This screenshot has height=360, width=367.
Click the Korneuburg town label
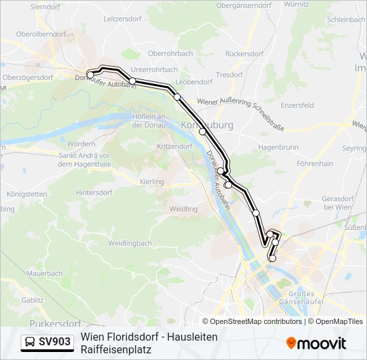pyautogui.click(x=206, y=125)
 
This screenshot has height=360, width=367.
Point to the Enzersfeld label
pyautogui.click(x=297, y=105)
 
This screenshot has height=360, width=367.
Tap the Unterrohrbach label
pyautogui.click(x=153, y=69)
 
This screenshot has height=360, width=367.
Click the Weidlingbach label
pyautogui.click(x=130, y=243)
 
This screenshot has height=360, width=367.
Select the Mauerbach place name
pyautogui.click(x=45, y=273)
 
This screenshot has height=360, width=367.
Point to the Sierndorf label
pyautogui.click(x=45, y=6)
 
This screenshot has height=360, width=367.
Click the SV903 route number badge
pyautogui.click(x=55, y=342)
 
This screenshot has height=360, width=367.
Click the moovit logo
pyautogui.click(x=316, y=343)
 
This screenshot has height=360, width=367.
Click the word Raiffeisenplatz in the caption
pyautogui.click(x=115, y=349)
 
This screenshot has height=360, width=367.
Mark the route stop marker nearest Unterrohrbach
pyautogui.click(x=133, y=81)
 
